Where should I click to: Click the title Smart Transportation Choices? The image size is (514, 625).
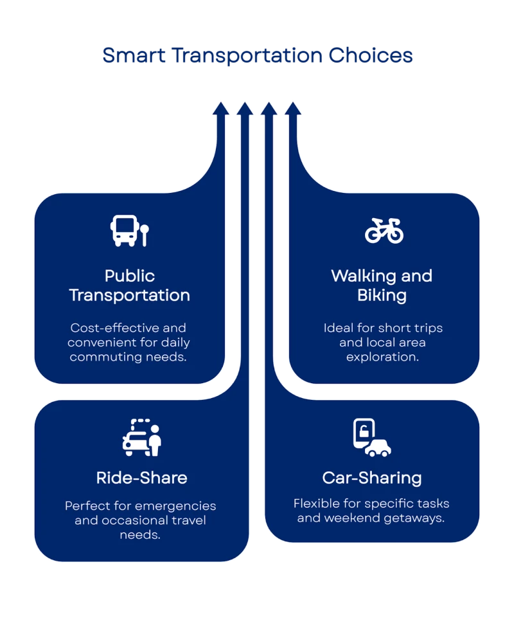[x=257, y=57]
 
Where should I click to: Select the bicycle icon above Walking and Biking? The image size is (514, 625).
[x=384, y=231]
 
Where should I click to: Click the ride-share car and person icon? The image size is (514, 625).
[x=142, y=438]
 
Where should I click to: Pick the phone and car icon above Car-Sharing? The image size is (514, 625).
[x=371, y=438]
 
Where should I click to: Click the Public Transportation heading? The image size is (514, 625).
[x=129, y=285]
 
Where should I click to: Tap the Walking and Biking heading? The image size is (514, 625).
[x=382, y=285]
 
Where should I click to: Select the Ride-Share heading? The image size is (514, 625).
[x=141, y=478]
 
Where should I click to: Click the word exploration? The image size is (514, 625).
[x=382, y=356]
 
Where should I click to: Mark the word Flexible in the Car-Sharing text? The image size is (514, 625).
[x=315, y=503]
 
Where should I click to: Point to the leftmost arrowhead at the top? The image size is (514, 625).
[x=222, y=108]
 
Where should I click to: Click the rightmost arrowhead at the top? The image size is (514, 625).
[x=293, y=108]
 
